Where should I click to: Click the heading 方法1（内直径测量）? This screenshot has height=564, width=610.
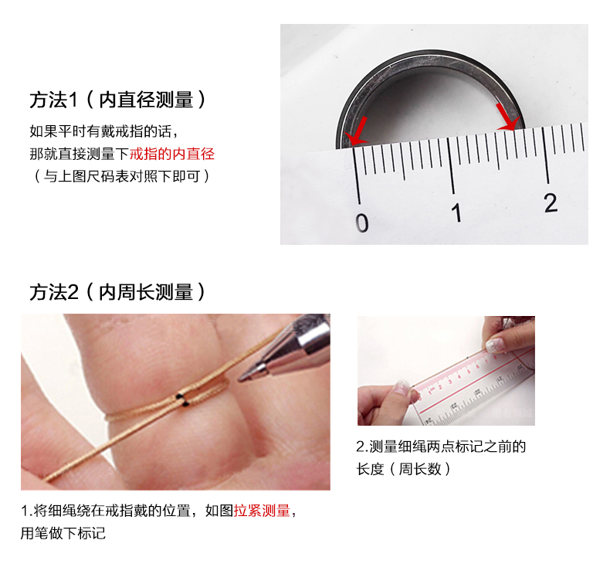pos(117,100)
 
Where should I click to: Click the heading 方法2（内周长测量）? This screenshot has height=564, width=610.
pos(117,292)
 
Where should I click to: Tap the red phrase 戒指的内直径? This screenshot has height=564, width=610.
pos(171,154)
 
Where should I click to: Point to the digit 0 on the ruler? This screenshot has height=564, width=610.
pos(361,223)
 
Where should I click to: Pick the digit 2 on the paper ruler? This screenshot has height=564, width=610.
pos(550,202)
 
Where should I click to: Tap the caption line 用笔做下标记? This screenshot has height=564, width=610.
pos(63,533)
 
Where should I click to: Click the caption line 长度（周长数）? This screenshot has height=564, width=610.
pos(403,469)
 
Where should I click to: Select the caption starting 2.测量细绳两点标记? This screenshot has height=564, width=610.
pos(441,447)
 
